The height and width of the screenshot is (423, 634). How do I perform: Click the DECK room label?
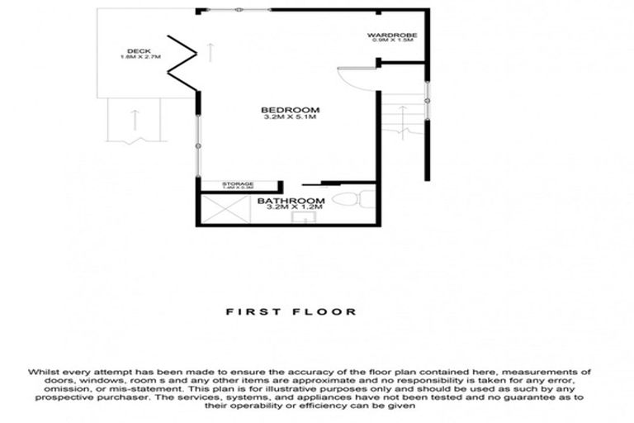[x=132, y=50]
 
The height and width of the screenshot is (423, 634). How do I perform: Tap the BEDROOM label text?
[x=290, y=110]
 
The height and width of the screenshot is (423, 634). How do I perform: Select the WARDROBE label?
[x=392, y=35]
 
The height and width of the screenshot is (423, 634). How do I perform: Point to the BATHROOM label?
[x=291, y=202]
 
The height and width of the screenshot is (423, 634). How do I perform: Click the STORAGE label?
[x=238, y=184]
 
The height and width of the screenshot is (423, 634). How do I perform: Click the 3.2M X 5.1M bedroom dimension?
[x=290, y=117]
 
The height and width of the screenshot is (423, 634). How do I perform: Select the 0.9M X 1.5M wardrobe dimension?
[x=392, y=40]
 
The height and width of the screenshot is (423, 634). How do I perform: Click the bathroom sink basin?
[x=303, y=218]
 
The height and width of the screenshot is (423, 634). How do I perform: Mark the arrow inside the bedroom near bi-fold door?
[x=211, y=51]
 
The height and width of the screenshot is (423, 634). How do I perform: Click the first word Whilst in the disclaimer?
[x=44, y=372]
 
